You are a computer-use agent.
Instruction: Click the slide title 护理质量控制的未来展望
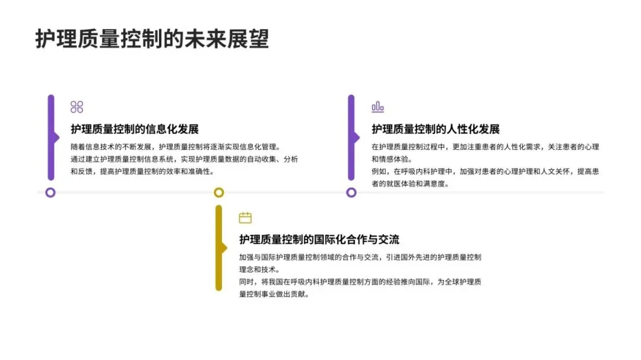[x=152, y=39]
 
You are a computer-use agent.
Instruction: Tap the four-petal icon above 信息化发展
[x=77, y=107]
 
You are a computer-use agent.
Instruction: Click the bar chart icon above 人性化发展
[x=377, y=107]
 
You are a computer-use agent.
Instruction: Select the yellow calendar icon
[x=245, y=218]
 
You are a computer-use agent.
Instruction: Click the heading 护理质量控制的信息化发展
[x=134, y=129]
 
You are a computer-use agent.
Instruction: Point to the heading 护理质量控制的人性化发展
[x=436, y=129]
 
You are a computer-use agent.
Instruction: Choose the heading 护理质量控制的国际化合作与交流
[x=319, y=240]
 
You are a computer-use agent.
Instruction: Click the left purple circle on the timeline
[x=50, y=192]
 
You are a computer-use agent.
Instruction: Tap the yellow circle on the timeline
[x=218, y=192]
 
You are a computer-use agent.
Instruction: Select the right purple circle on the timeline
[x=351, y=192]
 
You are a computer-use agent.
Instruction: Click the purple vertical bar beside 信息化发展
[x=51, y=138]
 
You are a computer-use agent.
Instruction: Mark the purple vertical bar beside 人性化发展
[x=351, y=138]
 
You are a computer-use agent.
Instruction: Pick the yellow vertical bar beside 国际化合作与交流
[x=218, y=248]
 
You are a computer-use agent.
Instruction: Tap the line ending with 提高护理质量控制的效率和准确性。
[x=142, y=171]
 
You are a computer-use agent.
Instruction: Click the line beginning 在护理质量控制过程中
[x=485, y=146]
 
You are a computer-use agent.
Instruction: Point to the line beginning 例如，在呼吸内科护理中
[x=485, y=171]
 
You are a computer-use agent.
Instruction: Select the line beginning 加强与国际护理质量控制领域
[x=360, y=257]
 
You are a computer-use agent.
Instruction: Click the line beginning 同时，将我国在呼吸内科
[x=360, y=282]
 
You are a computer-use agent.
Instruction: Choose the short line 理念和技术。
[x=259, y=269]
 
